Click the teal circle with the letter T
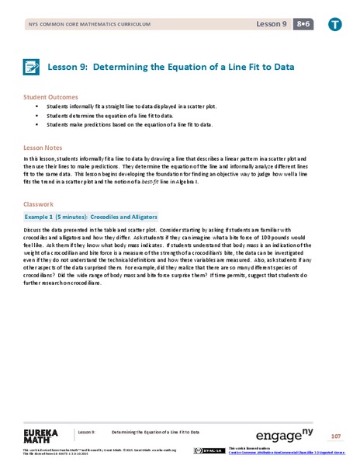click(334, 24)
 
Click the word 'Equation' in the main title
click(178, 67)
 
